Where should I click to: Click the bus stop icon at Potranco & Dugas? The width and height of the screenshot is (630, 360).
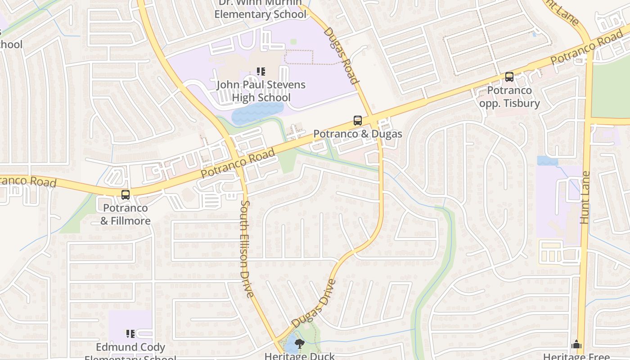coord(358,121)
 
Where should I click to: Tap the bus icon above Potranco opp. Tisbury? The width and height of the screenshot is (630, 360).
coord(509,77)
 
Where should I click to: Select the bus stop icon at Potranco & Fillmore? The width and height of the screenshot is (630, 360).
coord(126,195)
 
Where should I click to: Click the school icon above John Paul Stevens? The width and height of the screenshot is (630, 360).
coord(261,71)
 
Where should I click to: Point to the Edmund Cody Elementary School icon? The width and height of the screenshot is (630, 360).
coord(130,334)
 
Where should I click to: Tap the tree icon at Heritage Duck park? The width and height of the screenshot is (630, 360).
coord(299,344)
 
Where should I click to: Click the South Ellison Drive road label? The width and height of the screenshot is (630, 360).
coord(247,249)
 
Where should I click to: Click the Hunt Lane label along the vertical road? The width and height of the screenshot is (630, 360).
coord(585,198)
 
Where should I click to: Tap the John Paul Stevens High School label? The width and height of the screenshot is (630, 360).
coord(261,91)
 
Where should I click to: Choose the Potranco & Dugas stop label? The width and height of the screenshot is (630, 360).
coord(358,134)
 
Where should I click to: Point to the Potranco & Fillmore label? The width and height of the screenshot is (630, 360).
coord(125,214)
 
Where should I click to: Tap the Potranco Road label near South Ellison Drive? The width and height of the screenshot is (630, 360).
coord(237,163)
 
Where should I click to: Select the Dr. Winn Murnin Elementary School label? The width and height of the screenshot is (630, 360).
coord(260,9)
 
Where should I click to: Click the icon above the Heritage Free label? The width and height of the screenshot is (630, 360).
coord(576,345)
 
